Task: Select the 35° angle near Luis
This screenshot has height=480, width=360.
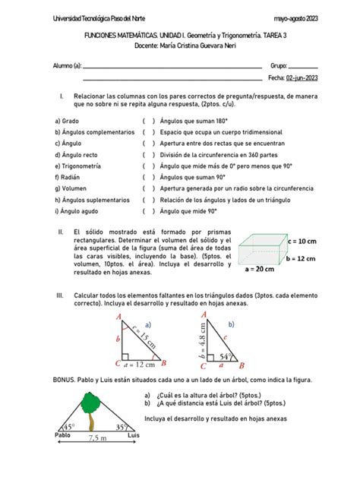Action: click(123, 427)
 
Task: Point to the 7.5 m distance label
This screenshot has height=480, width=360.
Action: click(96, 438)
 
